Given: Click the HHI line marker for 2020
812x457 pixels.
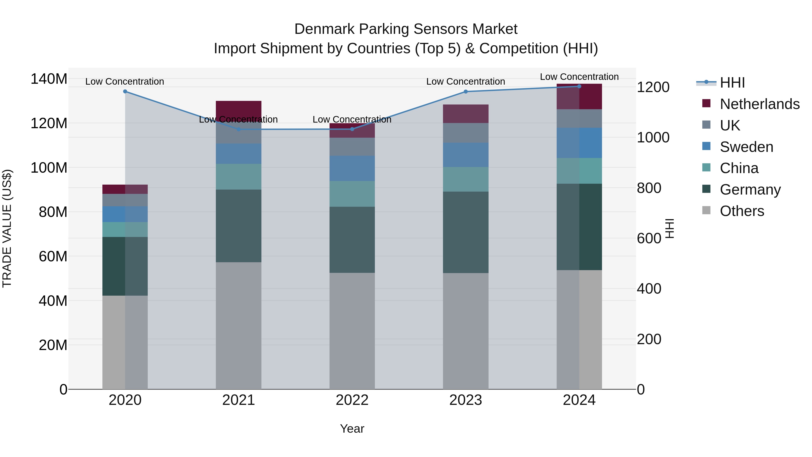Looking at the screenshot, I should click(x=125, y=91).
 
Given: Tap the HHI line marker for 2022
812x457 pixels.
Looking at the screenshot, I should click(x=352, y=129).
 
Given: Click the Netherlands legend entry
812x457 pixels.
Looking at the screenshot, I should click(x=760, y=104).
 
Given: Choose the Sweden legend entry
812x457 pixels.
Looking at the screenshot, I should click(x=746, y=147).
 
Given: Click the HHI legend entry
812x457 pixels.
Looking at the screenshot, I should click(x=732, y=83).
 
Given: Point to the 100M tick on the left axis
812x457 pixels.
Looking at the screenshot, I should click(x=49, y=168).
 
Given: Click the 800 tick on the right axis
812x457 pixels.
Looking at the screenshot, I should click(x=649, y=188).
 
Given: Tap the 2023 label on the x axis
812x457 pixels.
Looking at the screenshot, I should click(x=466, y=400).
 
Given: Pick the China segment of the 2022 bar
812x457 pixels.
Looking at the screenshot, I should click(x=352, y=194).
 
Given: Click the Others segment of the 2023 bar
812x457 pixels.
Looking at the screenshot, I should click(x=466, y=331).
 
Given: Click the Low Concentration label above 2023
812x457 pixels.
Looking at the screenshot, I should click(x=466, y=81).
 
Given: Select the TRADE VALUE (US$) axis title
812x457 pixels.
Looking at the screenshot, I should click(x=7, y=228).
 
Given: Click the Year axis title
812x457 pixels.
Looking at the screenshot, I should click(x=352, y=429).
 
